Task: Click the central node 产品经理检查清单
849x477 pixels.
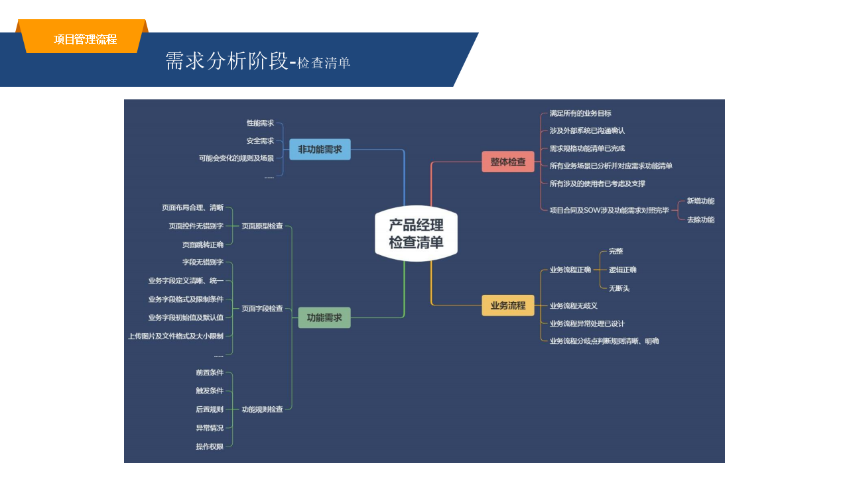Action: click(416, 233)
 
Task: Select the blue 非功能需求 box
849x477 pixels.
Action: click(320, 149)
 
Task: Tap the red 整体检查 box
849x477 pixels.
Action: click(508, 162)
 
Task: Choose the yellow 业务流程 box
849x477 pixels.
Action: click(508, 305)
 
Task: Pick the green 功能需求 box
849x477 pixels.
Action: click(324, 317)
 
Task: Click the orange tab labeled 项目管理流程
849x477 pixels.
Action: click(85, 39)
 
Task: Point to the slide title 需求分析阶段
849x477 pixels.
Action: click(226, 61)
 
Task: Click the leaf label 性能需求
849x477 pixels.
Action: click(260, 123)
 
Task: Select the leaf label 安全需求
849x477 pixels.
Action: click(260, 141)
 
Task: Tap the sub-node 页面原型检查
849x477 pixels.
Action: click(262, 226)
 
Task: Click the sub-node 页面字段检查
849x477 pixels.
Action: click(262, 309)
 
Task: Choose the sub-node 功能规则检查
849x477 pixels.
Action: click(262, 409)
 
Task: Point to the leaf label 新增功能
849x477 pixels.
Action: click(700, 201)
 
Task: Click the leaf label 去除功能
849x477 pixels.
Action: click(700, 219)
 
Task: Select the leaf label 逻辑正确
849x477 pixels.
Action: click(622, 270)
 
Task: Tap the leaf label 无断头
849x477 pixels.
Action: click(619, 288)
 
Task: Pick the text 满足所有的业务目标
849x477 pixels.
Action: click(580, 113)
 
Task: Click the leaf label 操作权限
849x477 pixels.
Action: click(210, 447)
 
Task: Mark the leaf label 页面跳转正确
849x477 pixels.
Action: click(203, 244)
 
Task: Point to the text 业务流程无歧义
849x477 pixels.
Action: click(574, 305)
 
